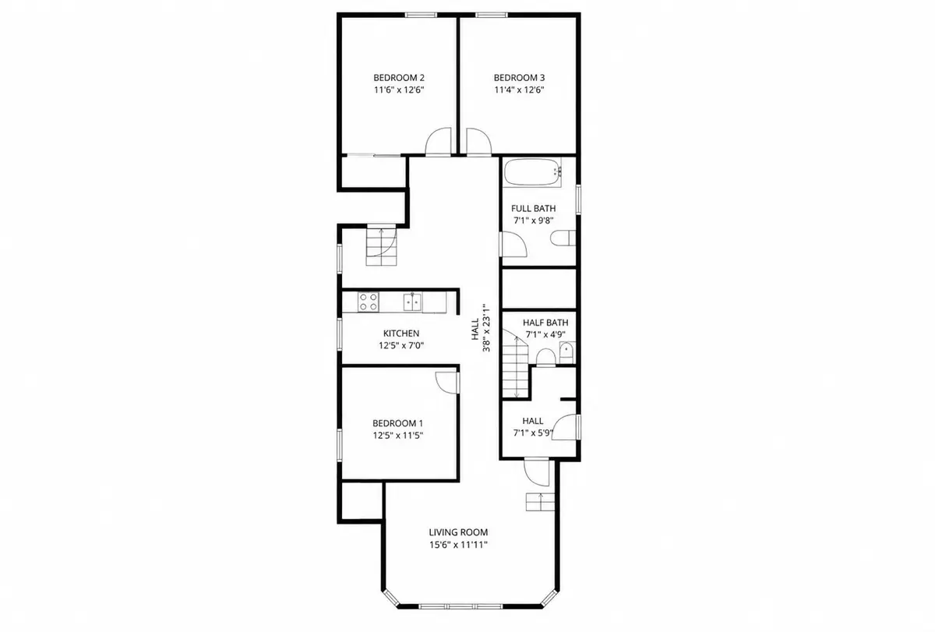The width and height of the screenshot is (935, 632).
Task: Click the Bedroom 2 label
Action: coord(399,78)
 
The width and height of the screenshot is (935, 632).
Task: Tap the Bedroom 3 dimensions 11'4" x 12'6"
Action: coord(519,90)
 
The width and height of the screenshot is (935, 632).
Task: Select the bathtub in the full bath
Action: coord(533,171)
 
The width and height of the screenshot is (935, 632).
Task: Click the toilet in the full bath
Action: coord(563,238)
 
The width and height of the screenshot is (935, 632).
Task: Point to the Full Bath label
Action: coord(533,208)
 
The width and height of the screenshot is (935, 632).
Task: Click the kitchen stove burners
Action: coord(368,302)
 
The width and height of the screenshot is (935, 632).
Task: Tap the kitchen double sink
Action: coord(412,302)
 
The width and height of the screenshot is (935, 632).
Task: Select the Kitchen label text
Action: coord(401,333)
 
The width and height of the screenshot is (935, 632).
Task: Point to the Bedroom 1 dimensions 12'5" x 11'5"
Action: coord(398,436)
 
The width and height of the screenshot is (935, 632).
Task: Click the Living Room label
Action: coord(458,532)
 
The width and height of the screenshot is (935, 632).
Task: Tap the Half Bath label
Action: coord(545,323)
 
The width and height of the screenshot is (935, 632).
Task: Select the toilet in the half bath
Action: coord(545,358)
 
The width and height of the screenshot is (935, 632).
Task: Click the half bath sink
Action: coord(567,353)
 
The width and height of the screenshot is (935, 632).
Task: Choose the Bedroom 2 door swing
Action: coord(438,142)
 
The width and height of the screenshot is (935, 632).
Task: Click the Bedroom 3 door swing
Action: coord(478,142)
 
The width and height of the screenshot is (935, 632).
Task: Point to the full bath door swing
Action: coord(513,244)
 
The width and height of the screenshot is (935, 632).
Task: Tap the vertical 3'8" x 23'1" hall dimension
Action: coord(486,327)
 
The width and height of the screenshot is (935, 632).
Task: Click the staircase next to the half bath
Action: coord(516,363)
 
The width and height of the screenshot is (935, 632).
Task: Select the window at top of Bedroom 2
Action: coord(421,15)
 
